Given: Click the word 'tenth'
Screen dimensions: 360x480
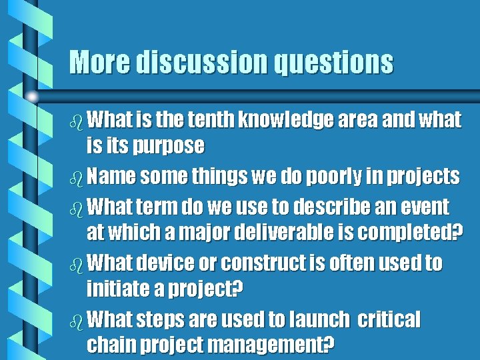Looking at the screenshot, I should click(x=211, y=120).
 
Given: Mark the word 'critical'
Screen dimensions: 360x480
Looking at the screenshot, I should click(x=389, y=321).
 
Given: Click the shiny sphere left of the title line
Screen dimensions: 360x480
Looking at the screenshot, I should click(x=33, y=97).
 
